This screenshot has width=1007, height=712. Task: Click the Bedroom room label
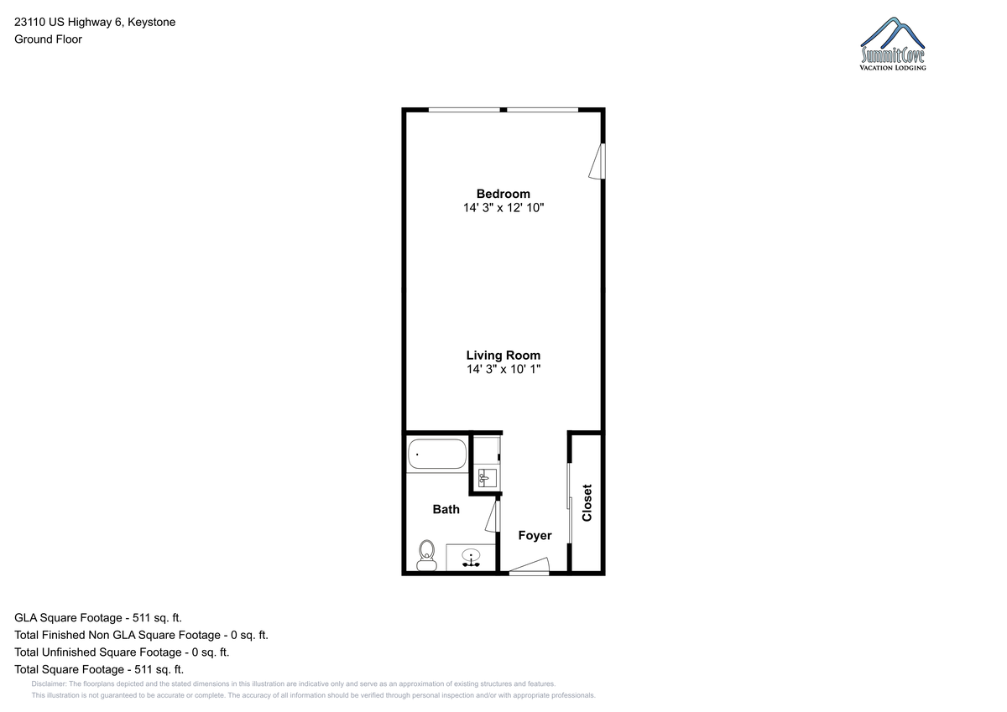pyautogui.click(x=503, y=194)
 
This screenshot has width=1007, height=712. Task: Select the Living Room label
pyautogui.click(x=503, y=356)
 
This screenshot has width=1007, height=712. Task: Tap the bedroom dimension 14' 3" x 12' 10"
pyautogui.click(x=503, y=207)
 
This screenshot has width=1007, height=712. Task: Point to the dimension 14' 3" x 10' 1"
pyautogui.click(x=503, y=369)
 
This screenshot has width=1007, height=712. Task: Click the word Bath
pyautogui.click(x=446, y=509)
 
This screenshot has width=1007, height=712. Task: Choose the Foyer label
pyautogui.click(x=535, y=535)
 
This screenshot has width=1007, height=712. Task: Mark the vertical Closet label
pyautogui.click(x=587, y=502)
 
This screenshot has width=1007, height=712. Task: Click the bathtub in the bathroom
pyautogui.click(x=437, y=455)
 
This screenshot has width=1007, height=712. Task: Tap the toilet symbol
pyautogui.click(x=426, y=556)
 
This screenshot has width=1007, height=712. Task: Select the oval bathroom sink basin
pyautogui.click(x=471, y=558)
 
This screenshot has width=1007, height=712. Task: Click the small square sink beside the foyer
pyautogui.click(x=487, y=477)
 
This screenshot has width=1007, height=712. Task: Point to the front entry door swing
pyautogui.click(x=530, y=566)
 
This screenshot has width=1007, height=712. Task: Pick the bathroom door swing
pyautogui.click(x=493, y=516)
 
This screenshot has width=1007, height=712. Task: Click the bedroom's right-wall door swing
pyautogui.click(x=597, y=161)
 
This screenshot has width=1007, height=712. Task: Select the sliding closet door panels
pyautogui.click(x=569, y=503)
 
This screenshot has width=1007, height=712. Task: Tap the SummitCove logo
pyautogui.click(x=893, y=44)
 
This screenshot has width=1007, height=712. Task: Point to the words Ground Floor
pyautogui.click(x=48, y=39)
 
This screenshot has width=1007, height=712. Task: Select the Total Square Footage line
pyautogui.click(x=99, y=669)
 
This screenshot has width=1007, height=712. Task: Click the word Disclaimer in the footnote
pyautogui.click(x=49, y=683)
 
